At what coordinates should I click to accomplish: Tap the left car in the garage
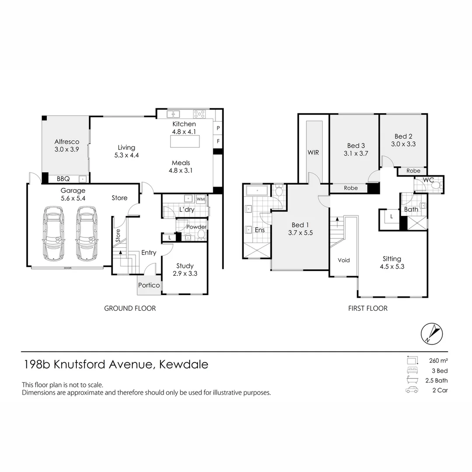coord(52,233)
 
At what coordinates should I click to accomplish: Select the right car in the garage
coord(86,233)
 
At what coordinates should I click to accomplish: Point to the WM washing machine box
coord(201,199)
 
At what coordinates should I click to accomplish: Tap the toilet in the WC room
coord(434,184)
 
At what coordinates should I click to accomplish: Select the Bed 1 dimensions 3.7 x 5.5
coord(301,233)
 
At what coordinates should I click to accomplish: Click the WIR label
coord(313,153)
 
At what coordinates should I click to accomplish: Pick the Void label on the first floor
coord(344,260)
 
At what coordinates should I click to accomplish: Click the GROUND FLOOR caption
coord(130,308)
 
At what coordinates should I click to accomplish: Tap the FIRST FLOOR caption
coord(368,308)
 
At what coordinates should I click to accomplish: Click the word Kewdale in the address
coord(184,364)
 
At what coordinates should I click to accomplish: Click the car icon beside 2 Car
coord(412,390)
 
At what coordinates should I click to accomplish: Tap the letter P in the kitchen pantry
coord(218,128)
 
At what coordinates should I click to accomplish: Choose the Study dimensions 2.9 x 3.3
coord(185,274)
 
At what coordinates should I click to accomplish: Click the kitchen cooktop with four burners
coord(199,114)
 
